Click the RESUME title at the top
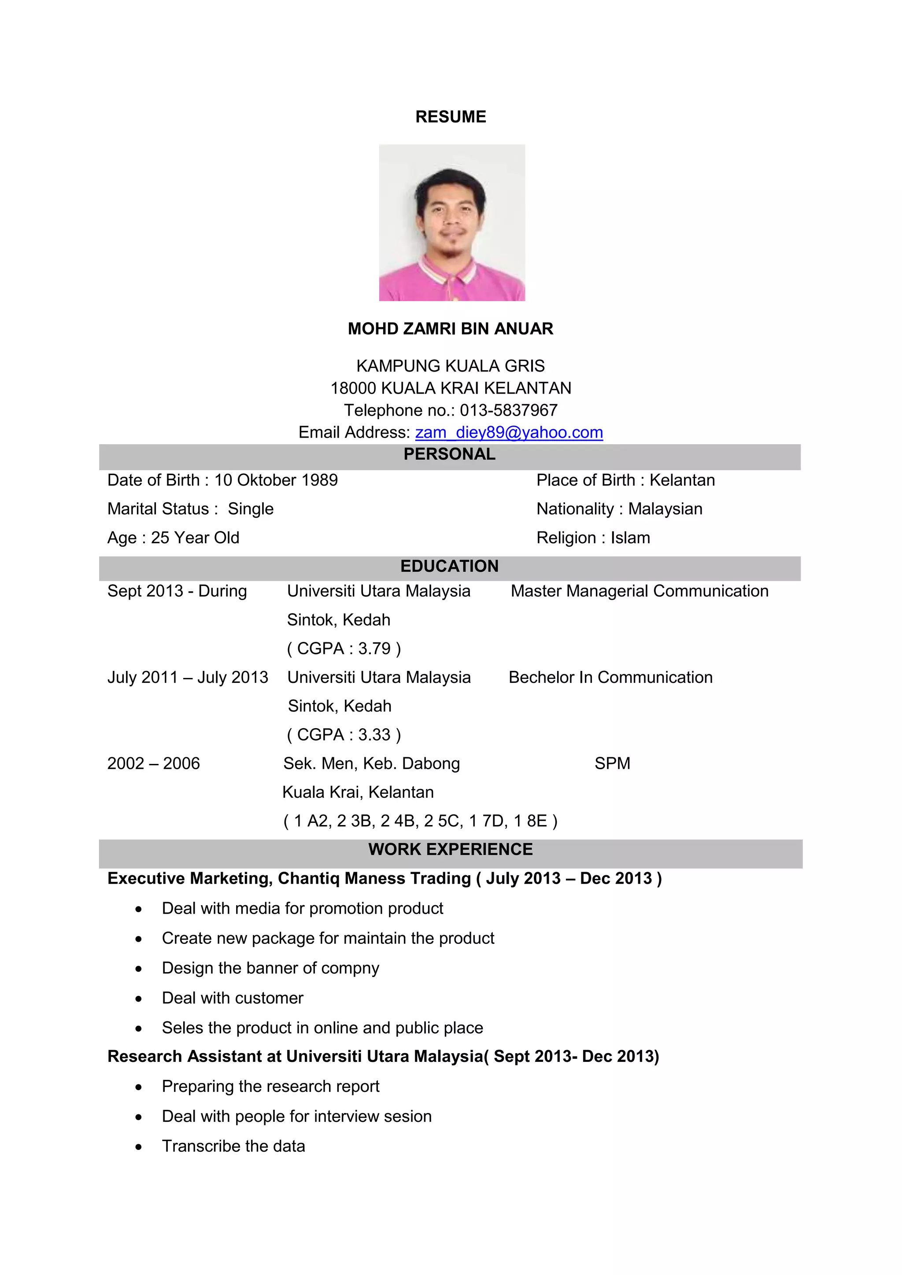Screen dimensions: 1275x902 451,117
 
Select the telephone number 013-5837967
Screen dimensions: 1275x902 508,410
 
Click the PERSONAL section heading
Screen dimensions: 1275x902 449,454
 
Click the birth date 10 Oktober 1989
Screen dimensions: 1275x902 276,480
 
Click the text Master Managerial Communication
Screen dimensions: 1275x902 640,591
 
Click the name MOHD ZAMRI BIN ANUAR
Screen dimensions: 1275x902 451,329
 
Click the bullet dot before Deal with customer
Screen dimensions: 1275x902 139,999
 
